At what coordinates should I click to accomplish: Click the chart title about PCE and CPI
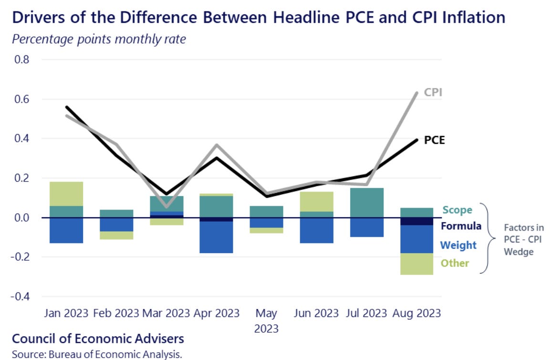(x=258, y=18)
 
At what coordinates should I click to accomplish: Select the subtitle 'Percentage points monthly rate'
(x=99, y=39)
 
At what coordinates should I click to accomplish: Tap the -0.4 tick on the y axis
(x=21, y=296)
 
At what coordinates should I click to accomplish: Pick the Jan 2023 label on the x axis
(x=66, y=313)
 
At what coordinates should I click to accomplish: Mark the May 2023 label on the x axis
(x=266, y=320)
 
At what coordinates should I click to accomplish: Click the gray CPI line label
(x=433, y=92)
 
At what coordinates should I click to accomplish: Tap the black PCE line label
(x=434, y=141)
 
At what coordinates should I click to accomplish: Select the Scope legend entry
(x=457, y=210)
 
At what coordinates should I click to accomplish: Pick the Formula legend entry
(x=461, y=226)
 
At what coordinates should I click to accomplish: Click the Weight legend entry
(x=458, y=245)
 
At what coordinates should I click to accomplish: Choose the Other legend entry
(x=455, y=263)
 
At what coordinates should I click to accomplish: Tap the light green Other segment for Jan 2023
(x=66, y=194)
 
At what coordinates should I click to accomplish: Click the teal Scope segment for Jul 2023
(x=367, y=203)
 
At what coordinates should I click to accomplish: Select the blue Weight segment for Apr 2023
(x=217, y=237)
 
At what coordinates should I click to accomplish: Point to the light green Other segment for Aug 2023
(x=416, y=264)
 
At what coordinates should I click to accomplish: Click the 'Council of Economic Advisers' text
(x=98, y=339)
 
